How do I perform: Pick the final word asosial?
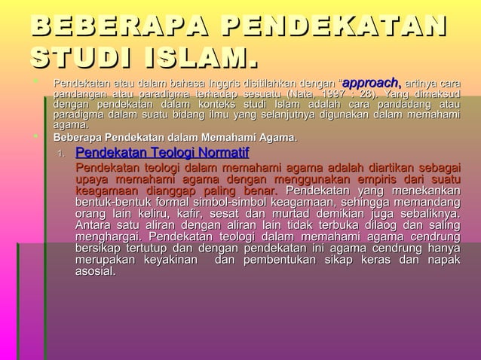pyautogui.click(x=96, y=270)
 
